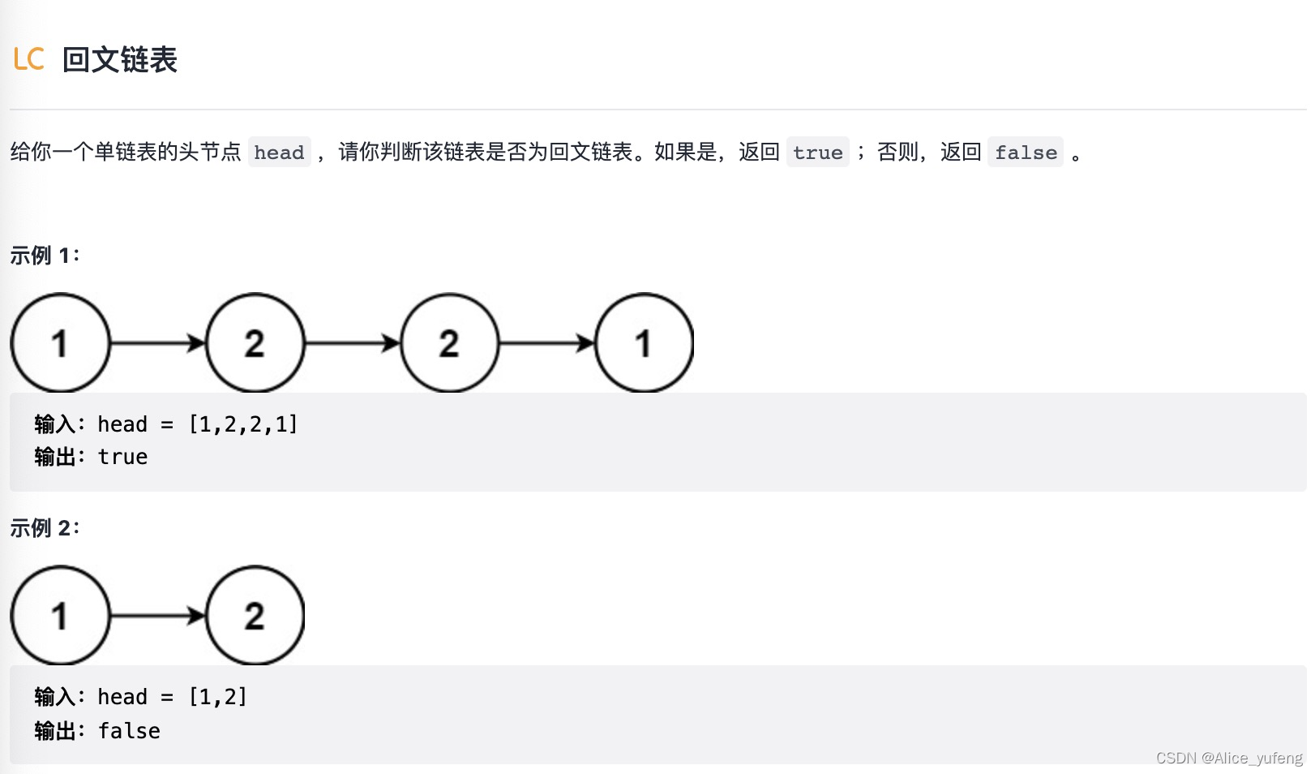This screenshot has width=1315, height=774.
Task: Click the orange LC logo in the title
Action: [28, 59]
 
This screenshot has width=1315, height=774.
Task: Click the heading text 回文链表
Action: [119, 59]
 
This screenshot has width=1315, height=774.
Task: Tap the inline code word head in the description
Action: [279, 153]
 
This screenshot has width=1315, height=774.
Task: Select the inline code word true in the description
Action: [817, 153]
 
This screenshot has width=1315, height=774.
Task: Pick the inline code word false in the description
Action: [1026, 153]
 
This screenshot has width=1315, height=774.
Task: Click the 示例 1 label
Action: [45, 256]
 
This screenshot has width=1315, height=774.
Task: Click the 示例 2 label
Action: [45, 528]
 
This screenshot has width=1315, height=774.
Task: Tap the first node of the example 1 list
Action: [60, 343]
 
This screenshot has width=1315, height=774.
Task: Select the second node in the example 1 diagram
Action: [255, 343]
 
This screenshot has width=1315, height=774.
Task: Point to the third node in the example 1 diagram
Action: [449, 343]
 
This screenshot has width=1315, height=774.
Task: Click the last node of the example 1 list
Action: [644, 343]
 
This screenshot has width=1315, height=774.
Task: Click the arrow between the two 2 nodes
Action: [352, 343]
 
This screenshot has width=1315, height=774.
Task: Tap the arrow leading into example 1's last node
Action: [546, 343]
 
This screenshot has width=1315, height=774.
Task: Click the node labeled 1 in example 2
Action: [60, 616]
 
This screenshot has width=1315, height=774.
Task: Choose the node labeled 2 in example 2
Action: [255, 616]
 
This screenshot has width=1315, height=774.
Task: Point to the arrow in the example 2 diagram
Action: [157, 616]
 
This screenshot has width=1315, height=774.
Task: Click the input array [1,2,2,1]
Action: [243, 424]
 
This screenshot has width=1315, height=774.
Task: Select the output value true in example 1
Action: [122, 458]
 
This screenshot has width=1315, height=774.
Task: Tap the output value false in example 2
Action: [129, 731]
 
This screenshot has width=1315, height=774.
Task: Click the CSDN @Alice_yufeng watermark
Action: [1228, 758]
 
